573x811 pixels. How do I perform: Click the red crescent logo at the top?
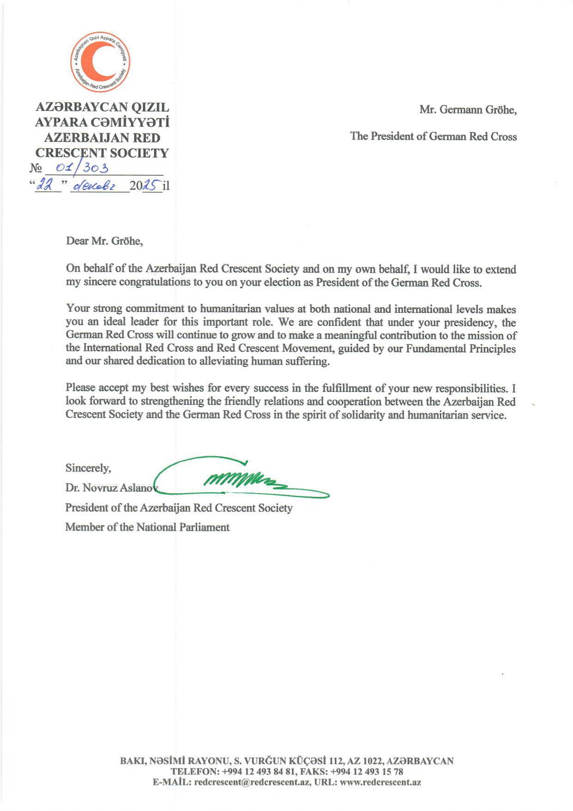(x=100, y=61)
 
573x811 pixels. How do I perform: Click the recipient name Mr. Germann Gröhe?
(x=468, y=110)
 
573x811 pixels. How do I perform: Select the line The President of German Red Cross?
(x=433, y=136)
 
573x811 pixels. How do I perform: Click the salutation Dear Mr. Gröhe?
(x=104, y=241)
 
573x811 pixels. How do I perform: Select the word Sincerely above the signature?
(x=88, y=468)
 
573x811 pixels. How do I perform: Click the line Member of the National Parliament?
(x=147, y=527)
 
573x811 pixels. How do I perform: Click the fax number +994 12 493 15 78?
(x=367, y=772)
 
